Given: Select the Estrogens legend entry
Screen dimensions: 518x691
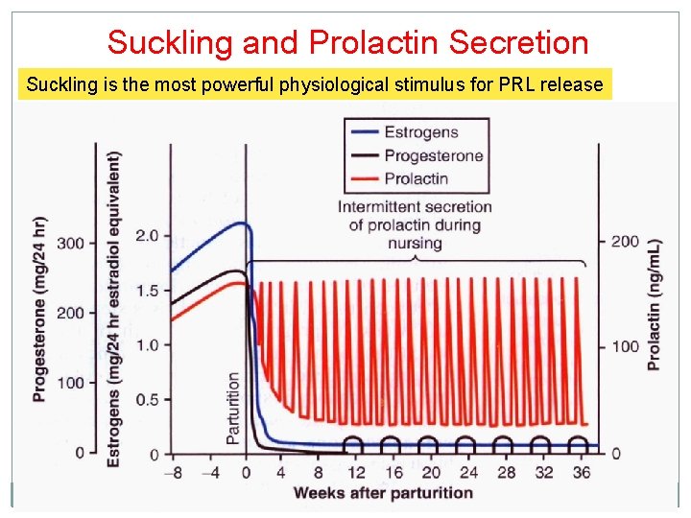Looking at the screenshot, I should coord(420,133).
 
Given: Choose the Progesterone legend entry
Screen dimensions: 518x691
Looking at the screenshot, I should coord(433,155).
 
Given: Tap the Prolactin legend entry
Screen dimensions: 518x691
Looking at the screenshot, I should coord(416,177).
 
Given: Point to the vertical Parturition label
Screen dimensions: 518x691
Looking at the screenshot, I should coord(233,408).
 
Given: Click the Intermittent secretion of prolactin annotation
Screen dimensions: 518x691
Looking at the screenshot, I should coord(415,224).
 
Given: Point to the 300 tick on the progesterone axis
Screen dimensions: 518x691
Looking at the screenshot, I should coord(70,243).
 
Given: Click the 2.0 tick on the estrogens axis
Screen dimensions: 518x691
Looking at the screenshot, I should coord(147,236).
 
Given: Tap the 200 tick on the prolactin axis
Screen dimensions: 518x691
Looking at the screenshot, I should coord(625,241).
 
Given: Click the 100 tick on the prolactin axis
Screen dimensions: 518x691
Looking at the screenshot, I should coord(625,346).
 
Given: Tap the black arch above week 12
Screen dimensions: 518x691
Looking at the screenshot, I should coord(354,442).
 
